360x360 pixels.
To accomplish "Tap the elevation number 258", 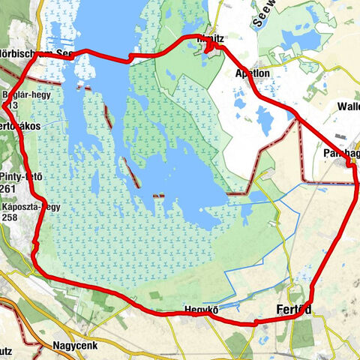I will [x=10, y=217].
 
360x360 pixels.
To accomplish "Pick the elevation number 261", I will [x=10, y=187].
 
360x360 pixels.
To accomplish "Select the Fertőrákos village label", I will [x=20, y=126].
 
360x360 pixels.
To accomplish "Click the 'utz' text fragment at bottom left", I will [x=10, y=350].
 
